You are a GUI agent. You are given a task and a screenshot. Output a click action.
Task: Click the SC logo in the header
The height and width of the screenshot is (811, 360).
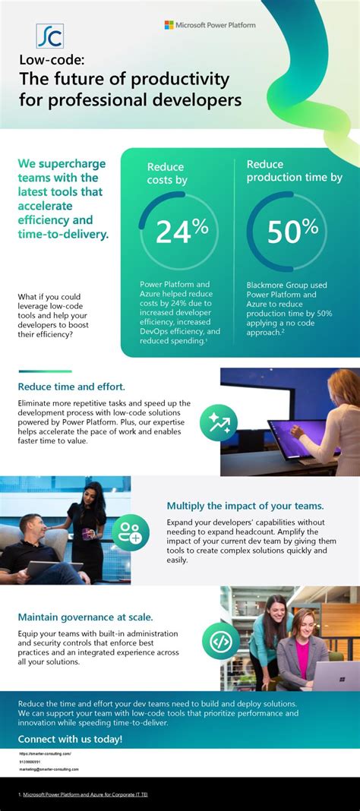click(x=50, y=36)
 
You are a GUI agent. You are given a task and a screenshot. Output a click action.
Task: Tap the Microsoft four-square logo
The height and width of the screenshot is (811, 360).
click(x=169, y=25)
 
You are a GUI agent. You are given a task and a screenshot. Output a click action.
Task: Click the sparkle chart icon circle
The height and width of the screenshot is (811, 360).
click(x=218, y=423)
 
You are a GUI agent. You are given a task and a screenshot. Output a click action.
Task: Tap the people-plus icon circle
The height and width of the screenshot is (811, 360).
click(x=131, y=532)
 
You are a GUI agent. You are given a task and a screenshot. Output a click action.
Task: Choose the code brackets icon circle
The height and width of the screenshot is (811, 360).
click(x=221, y=641)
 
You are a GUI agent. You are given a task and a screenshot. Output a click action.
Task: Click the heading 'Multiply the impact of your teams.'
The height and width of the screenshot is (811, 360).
click(x=245, y=506)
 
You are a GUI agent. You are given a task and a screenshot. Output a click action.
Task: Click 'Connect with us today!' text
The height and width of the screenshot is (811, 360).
click(x=70, y=739)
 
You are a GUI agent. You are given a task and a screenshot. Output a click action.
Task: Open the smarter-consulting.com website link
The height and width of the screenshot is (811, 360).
click(x=45, y=753)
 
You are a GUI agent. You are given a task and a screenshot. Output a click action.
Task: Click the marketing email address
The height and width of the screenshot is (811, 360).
click(x=49, y=768)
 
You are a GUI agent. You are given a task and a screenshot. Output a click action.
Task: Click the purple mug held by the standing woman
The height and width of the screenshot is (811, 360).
click(x=90, y=524)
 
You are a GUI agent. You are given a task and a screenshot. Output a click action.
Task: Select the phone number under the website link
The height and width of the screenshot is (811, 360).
click(x=30, y=761)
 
